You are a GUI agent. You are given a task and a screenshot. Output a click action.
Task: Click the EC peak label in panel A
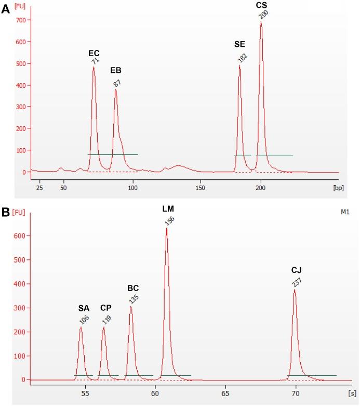tap(94, 53)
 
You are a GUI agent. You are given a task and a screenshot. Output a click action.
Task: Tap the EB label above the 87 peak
tap(116, 70)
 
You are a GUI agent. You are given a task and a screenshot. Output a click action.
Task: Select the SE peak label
tap(239, 44)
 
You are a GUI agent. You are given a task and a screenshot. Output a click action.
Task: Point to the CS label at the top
tap(261, 5)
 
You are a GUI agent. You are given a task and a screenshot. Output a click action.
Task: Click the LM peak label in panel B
tap(168, 209)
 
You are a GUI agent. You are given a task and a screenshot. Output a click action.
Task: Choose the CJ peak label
tap(297, 270)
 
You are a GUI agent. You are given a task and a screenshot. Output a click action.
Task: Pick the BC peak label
tap(133, 288)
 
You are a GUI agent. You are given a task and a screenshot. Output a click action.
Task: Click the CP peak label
tap(106, 308)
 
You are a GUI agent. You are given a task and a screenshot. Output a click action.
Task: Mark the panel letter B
tap(6, 213)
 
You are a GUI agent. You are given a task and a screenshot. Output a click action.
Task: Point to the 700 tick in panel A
tap(20, 20)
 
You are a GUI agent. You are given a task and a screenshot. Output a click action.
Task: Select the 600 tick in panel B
tap(20, 236)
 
